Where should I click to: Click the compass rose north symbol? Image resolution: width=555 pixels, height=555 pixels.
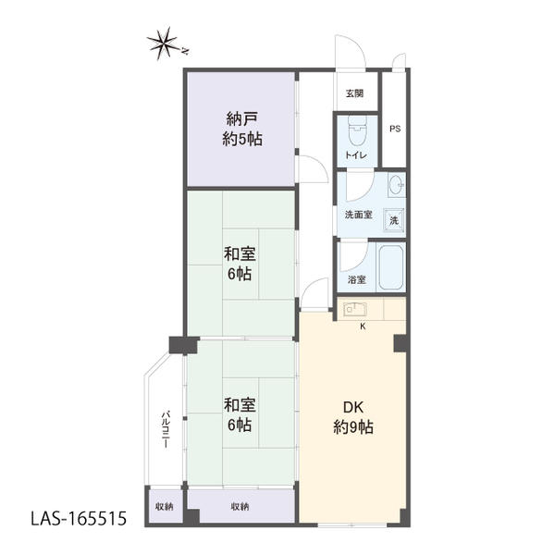(164, 43)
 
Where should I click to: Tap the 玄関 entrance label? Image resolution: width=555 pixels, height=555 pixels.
(354, 93)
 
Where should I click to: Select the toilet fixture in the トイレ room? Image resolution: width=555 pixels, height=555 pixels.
(357, 132)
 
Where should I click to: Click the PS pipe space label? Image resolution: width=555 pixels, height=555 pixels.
(395, 129)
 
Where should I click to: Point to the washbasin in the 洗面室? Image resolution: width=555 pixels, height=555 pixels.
(397, 185)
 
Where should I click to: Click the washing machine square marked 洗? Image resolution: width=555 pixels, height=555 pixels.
(394, 220)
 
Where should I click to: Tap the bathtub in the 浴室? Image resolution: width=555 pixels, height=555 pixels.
(391, 267)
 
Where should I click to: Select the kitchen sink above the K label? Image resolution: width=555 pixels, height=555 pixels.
(355, 309)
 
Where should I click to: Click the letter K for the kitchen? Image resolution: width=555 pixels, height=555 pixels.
(363, 327)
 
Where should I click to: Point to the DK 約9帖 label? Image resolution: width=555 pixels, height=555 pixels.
(353, 418)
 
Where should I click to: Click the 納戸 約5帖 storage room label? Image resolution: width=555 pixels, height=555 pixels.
(242, 129)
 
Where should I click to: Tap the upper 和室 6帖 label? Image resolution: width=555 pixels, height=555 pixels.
(240, 264)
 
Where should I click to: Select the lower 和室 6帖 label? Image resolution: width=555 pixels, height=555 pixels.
(240, 414)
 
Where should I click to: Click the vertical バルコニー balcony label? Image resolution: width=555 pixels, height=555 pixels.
(166, 429)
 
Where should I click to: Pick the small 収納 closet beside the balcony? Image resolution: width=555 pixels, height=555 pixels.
(165, 507)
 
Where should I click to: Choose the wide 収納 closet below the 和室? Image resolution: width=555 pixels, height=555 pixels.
(240, 506)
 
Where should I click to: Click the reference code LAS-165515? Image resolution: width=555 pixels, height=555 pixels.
(79, 519)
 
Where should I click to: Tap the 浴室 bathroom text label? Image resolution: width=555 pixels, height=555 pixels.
(356, 280)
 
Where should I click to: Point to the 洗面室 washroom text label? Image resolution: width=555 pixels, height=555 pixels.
(359, 215)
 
